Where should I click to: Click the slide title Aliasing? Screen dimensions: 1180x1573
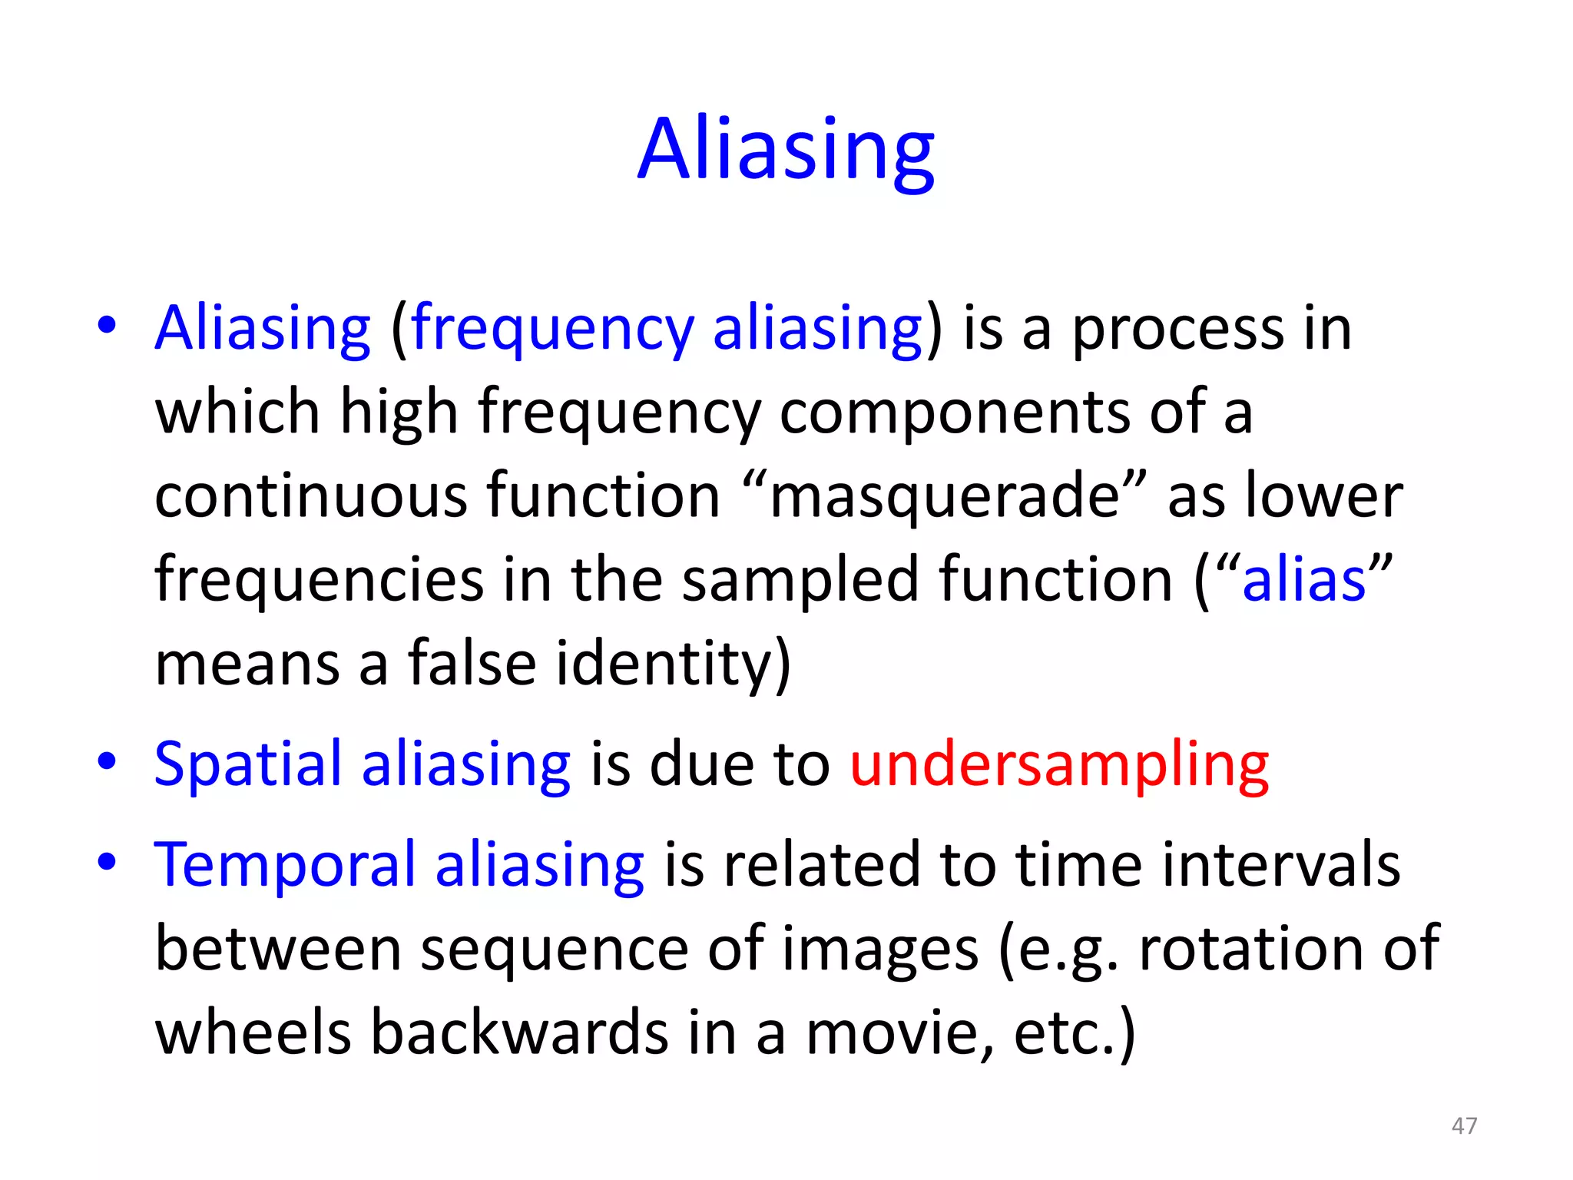click(x=786, y=150)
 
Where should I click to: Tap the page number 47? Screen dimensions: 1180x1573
click(x=1464, y=1125)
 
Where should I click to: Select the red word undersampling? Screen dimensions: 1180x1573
click(x=1059, y=766)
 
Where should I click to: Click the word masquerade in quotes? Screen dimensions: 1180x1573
click(x=945, y=497)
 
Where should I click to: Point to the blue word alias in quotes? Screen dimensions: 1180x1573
click(x=1303, y=580)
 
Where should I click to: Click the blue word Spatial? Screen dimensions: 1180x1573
click(x=247, y=766)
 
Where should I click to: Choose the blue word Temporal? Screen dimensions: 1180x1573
click(x=285, y=866)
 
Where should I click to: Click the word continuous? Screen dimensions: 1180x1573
click(x=310, y=497)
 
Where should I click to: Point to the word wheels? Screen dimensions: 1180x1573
click(x=253, y=1033)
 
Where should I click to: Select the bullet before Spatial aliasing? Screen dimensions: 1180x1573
click(x=107, y=762)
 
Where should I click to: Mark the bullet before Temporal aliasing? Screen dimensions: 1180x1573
click(x=107, y=862)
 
